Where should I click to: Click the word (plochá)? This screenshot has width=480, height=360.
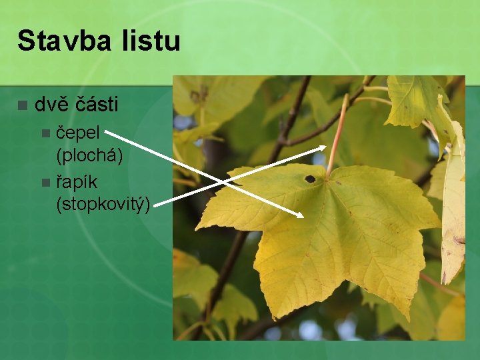click(x=90, y=156)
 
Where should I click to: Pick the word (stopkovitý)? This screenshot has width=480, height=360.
click(x=103, y=204)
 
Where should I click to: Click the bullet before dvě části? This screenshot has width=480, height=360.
click(x=23, y=105)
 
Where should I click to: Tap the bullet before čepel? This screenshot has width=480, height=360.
click(x=45, y=133)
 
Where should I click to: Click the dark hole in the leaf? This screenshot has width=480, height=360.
click(x=310, y=179)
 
